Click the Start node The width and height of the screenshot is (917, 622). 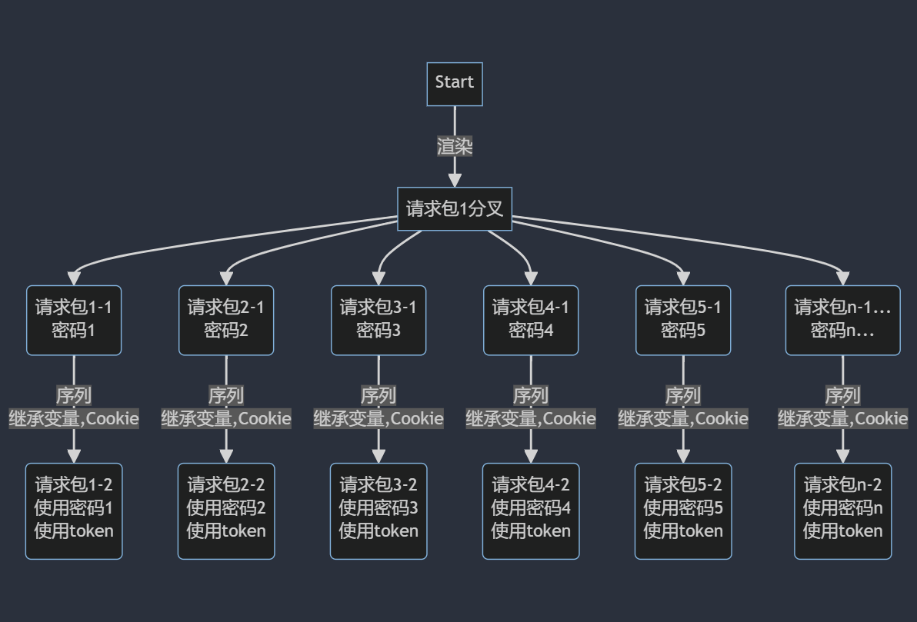pyautogui.click(x=455, y=84)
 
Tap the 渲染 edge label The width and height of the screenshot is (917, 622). pyautogui.click(x=455, y=146)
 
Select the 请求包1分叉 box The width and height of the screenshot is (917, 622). pyautogui.click(x=455, y=208)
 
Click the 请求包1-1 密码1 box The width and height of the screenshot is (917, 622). pyautogui.click(x=74, y=320)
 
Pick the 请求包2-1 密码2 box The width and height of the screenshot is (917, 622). pyautogui.click(x=226, y=320)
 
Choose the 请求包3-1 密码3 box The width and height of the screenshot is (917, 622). pyautogui.click(x=378, y=320)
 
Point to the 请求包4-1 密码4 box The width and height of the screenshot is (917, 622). pyautogui.click(x=531, y=320)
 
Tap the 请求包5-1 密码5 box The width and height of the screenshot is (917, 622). pyautogui.click(x=683, y=320)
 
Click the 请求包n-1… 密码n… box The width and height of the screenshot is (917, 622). pyautogui.click(x=842, y=320)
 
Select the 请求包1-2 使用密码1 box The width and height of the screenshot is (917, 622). pyautogui.click(x=74, y=511)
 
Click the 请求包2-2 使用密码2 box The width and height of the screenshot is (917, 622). pyautogui.click(x=226, y=511)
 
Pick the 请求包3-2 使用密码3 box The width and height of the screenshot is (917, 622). pyautogui.click(x=378, y=511)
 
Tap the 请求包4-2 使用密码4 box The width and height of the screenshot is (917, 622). pyautogui.click(x=531, y=511)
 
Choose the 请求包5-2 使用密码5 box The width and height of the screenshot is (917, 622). pyautogui.click(x=683, y=511)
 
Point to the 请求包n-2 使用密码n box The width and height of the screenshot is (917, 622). pyautogui.click(x=842, y=511)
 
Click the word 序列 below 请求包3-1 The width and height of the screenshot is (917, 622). pyautogui.click(x=378, y=395)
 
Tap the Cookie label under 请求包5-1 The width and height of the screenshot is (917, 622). pyautogui.click(x=722, y=419)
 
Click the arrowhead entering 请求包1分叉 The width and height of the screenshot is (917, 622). pyautogui.click(x=455, y=180)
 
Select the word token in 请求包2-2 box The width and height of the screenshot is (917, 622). pyautogui.click(x=243, y=531)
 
